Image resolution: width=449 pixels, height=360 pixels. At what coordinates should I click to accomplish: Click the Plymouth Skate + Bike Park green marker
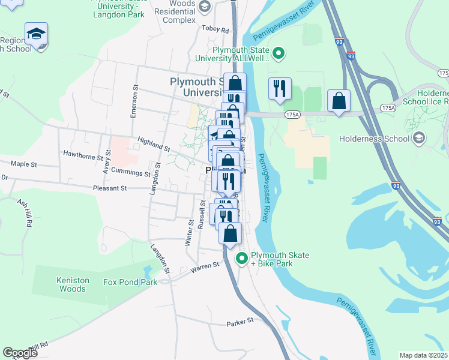243,259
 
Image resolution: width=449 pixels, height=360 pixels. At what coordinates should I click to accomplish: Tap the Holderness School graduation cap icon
420,139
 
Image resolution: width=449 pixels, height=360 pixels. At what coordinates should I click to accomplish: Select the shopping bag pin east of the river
339,100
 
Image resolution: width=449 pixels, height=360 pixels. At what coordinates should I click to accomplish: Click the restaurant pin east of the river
280,89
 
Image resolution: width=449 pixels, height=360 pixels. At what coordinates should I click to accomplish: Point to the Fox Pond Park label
130,282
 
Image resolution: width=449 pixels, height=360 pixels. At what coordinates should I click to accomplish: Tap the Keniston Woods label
72,284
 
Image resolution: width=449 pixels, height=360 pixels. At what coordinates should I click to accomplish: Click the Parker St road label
241,323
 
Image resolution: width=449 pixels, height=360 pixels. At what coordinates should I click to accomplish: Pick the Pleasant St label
110,188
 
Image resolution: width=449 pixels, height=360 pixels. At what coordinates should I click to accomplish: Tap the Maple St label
24,164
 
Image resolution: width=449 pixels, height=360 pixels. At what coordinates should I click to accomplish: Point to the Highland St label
154,144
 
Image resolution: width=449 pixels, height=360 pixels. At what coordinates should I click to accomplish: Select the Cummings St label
130,173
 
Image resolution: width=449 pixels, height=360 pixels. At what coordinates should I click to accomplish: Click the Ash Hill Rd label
24,213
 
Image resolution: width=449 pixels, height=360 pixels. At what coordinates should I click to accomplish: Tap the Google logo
20,353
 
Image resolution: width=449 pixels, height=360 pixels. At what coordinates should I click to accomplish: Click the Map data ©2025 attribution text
423,355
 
